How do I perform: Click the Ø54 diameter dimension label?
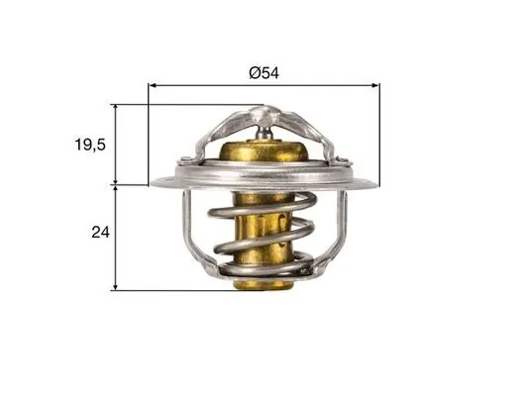(x=264, y=72)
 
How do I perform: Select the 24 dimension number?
(x=98, y=234)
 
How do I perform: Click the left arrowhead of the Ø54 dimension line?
(x=154, y=85)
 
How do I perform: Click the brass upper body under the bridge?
(x=264, y=158)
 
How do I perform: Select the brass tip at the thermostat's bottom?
(x=264, y=284)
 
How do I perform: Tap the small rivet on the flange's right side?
(x=342, y=162)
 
